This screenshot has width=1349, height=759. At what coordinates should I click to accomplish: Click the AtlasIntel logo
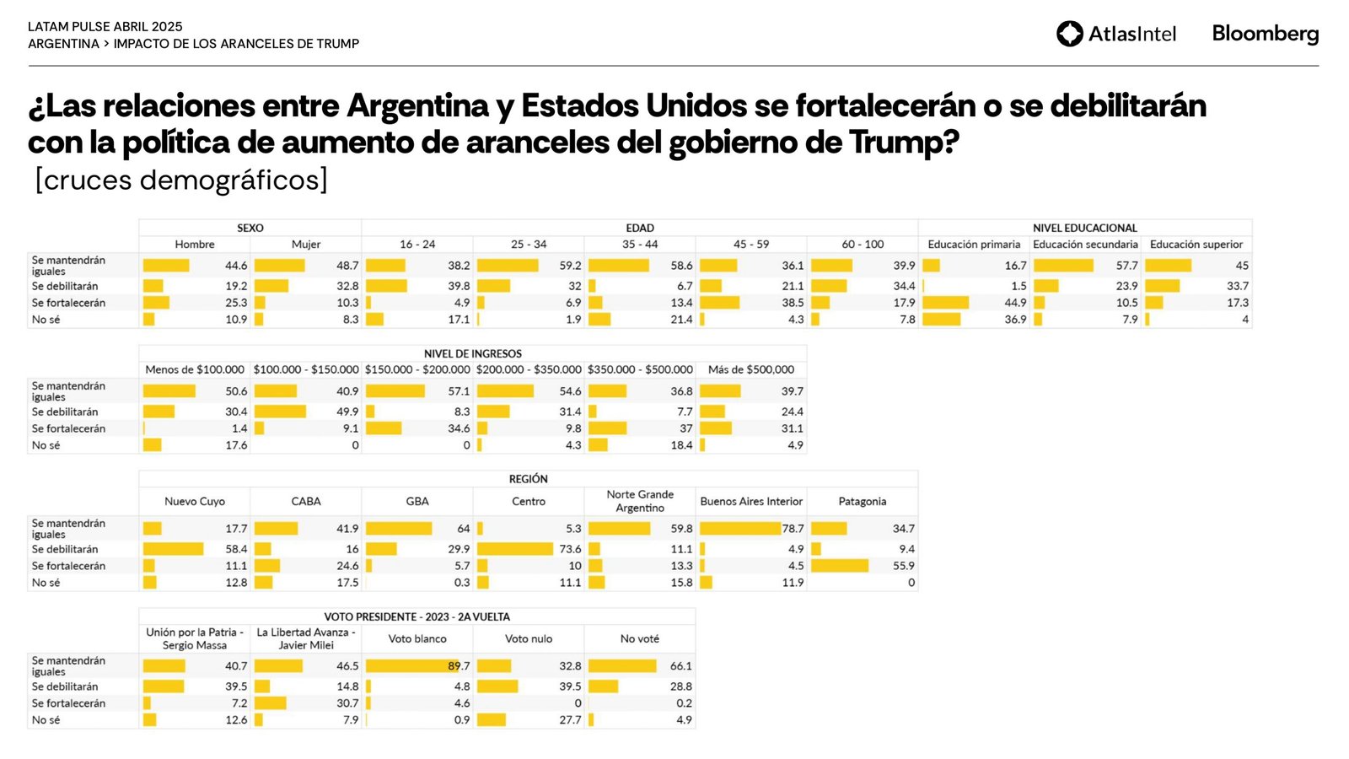tap(1115, 34)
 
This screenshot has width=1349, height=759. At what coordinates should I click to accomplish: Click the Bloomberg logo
tap(1265, 34)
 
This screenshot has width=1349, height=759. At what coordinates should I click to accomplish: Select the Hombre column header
tap(195, 245)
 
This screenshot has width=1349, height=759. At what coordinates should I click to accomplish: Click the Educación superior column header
tap(1196, 245)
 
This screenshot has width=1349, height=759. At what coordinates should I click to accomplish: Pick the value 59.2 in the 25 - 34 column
tap(570, 266)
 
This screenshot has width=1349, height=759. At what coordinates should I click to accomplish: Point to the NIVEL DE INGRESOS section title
tap(472, 353)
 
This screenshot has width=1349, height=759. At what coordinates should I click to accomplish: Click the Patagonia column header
tap(862, 501)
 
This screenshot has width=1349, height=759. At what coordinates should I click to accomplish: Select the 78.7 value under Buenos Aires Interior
tap(793, 529)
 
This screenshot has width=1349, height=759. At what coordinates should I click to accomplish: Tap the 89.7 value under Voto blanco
tap(459, 666)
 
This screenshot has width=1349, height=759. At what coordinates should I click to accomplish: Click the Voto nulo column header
tap(529, 639)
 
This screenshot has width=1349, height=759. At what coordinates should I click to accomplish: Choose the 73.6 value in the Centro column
tap(570, 549)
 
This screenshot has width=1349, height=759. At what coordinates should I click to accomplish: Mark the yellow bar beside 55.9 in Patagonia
tap(840, 566)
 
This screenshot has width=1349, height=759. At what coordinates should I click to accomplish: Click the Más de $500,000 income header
tap(750, 369)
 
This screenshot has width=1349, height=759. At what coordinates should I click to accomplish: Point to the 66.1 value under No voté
tap(680, 666)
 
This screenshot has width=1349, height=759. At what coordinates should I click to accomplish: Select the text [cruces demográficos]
tap(181, 180)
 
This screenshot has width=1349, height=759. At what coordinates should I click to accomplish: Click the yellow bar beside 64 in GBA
tap(399, 529)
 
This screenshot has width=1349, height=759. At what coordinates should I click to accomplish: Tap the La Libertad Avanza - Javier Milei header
tap(306, 638)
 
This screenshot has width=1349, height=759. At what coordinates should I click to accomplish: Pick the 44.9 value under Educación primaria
tap(1015, 303)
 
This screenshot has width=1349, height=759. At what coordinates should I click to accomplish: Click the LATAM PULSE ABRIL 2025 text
tap(105, 27)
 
